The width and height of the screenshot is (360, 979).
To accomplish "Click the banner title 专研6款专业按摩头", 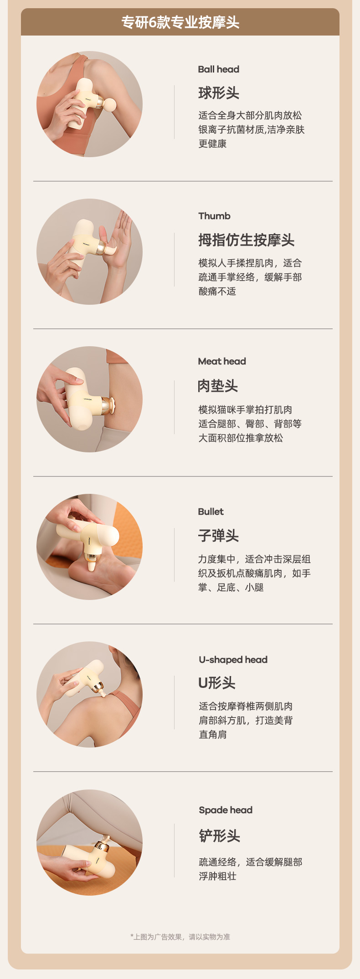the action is pyautogui.click(x=180, y=22).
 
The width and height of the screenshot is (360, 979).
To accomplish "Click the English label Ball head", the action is pyautogui.click(x=218, y=69).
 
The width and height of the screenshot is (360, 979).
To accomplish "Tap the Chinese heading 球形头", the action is pyautogui.click(x=219, y=93).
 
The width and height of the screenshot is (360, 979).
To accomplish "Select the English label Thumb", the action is pyautogui.click(x=214, y=216).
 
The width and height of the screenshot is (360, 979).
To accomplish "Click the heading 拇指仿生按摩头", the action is pyautogui.click(x=246, y=240).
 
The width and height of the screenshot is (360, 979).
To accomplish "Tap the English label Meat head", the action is pyautogui.click(x=222, y=361).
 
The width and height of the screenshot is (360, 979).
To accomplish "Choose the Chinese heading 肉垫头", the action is pyautogui.click(x=218, y=386).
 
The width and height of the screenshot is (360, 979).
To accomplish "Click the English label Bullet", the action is pyautogui.click(x=211, y=512).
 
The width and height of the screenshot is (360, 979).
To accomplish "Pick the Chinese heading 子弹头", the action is pyautogui.click(x=218, y=536).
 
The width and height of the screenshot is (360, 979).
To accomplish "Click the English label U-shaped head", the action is pyautogui.click(x=233, y=660).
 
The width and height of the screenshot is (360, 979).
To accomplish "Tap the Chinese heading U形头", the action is pyautogui.click(x=217, y=683).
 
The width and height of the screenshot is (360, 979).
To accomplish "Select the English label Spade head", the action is pyautogui.click(x=226, y=810).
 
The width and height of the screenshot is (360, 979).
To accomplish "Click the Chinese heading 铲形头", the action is pyautogui.click(x=219, y=836).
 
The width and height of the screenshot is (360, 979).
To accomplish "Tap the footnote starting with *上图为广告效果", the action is pyautogui.click(x=180, y=937).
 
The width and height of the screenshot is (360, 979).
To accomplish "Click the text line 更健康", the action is pyautogui.click(x=212, y=144).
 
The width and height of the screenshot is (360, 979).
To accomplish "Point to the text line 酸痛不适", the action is pyautogui.click(x=217, y=292).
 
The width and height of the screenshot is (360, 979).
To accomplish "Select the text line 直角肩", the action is pyautogui.click(x=212, y=734).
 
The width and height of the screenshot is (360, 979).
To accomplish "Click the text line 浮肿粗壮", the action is pyautogui.click(x=217, y=876).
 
